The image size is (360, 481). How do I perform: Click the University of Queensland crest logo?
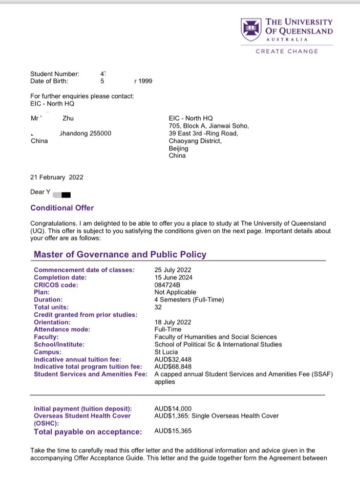[x=251, y=30]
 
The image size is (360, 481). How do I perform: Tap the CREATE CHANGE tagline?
[x=286, y=51]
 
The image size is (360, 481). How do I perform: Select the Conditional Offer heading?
[x=62, y=208]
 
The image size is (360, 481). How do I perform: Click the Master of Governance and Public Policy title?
[x=120, y=254]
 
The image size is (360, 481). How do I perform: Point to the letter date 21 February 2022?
[x=56, y=178]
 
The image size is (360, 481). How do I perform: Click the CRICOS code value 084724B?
[x=167, y=285]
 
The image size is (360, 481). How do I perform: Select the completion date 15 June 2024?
[x=174, y=277]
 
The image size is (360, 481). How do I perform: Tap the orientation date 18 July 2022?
[x=173, y=322]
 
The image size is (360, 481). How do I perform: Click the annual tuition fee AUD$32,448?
[x=174, y=360]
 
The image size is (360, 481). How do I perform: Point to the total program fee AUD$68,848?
[x=174, y=367]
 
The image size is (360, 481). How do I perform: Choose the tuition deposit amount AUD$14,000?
[x=173, y=408]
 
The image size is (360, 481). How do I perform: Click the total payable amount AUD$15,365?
[x=173, y=431]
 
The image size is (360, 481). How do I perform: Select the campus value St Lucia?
[x=165, y=352]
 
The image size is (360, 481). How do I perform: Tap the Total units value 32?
[x=158, y=308]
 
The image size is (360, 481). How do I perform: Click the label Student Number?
[x=54, y=74]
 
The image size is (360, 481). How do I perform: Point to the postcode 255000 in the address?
[x=100, y=134]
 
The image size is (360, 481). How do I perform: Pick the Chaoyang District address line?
[x=195, y=141]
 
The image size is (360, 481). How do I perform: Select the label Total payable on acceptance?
[x=88, y=432]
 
